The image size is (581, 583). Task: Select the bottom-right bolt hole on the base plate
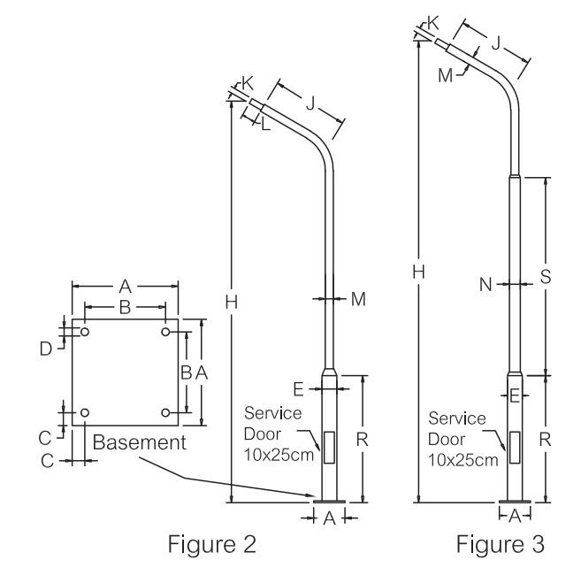(166, 413)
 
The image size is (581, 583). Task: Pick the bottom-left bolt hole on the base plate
(85, 413)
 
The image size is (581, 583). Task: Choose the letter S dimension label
(546, 276)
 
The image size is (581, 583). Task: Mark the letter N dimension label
(485, 284)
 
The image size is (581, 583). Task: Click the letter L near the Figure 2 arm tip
(265, 127)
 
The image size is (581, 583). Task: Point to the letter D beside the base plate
(45, 349)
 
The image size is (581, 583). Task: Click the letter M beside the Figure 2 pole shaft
(358, 299)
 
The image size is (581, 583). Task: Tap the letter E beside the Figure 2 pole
(298, 387)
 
